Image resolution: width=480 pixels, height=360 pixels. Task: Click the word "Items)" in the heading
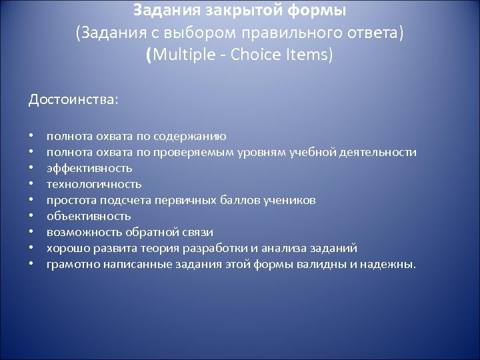click(311, 54)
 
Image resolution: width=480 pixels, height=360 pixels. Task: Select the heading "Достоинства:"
click(73, 100)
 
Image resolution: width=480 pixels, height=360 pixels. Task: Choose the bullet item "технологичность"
click(94, 184)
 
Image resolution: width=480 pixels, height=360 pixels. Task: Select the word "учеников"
click(291, 200)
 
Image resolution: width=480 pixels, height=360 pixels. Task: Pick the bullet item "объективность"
click(89, 216)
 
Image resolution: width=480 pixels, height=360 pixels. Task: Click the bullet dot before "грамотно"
click(31, 264)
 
